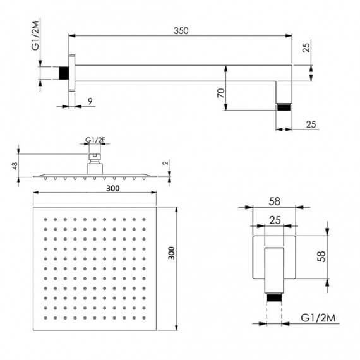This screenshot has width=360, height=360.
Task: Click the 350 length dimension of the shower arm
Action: point(181,29)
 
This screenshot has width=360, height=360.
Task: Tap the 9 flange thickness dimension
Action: point(90,100)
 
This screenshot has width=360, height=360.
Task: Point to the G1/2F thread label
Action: point(94,141)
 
